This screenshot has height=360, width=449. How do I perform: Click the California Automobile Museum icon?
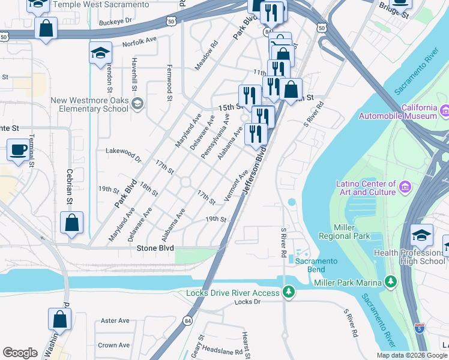(445, 111)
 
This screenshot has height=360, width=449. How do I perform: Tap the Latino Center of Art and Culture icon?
(405, 188)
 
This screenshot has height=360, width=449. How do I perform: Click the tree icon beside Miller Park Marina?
(391, 282)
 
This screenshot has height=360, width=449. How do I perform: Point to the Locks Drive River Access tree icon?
(289, 292)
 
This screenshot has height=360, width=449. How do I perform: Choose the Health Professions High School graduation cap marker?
(422, 235)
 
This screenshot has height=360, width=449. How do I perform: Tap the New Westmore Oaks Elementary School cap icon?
(137, 104)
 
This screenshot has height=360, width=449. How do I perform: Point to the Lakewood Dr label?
(123, 155)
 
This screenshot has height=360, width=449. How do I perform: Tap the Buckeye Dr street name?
(116, 20)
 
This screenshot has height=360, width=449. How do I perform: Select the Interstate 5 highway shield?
(419, 328)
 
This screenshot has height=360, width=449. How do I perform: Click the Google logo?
(20, 353)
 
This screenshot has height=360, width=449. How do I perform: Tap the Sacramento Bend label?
(316, 266)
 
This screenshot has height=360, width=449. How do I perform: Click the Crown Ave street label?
(113, 345)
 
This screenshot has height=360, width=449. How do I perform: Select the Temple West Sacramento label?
(101, 4)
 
